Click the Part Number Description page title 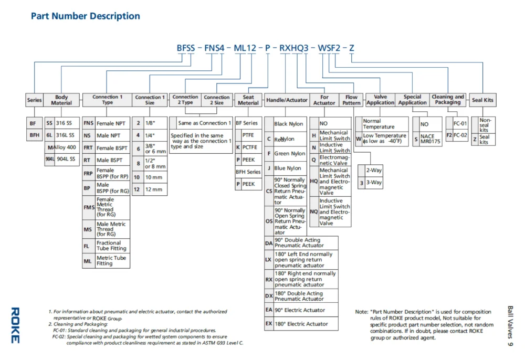click(85, 16)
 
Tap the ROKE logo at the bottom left click(15, 325)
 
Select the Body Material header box click(61, 100)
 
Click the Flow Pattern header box click(351, 100)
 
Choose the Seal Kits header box click(482, 100)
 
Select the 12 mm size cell click(154, 189)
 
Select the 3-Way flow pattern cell click(374, 183)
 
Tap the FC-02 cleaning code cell click(460, 135)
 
